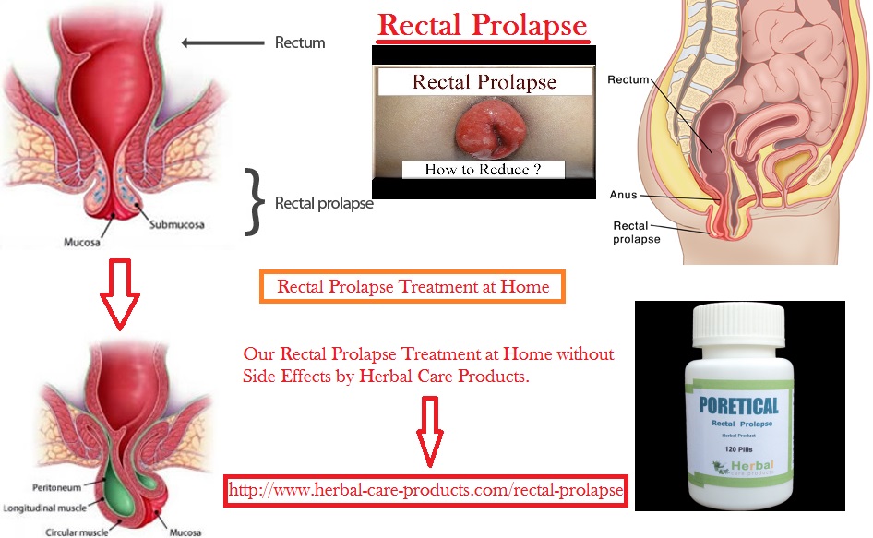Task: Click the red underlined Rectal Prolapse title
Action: [x=482, y=25]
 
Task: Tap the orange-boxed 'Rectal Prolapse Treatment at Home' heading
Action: [x=413, y=287]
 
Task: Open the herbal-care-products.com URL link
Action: [x=425, y=489]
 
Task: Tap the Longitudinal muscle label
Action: [x=47, y=507]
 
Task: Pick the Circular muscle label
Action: [x=77, y=531]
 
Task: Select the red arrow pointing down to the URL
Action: [x=431, y=431]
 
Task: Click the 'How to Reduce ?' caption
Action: [x=482, y=169]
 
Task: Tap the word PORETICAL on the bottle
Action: [x=737, y=405]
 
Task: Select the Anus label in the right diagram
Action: [x=623, y=195]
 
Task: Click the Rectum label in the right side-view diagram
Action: [x=628, y=80]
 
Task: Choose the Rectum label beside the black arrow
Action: [x=299, y=42]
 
